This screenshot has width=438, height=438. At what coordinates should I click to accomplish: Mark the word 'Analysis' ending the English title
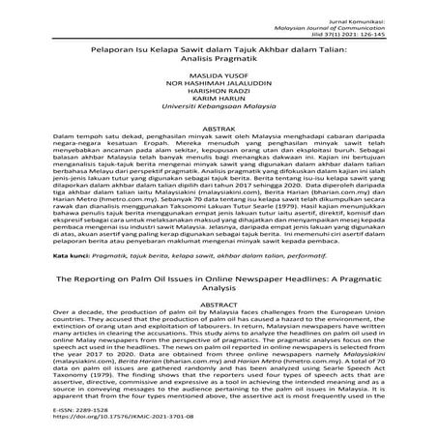[220, 287]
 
